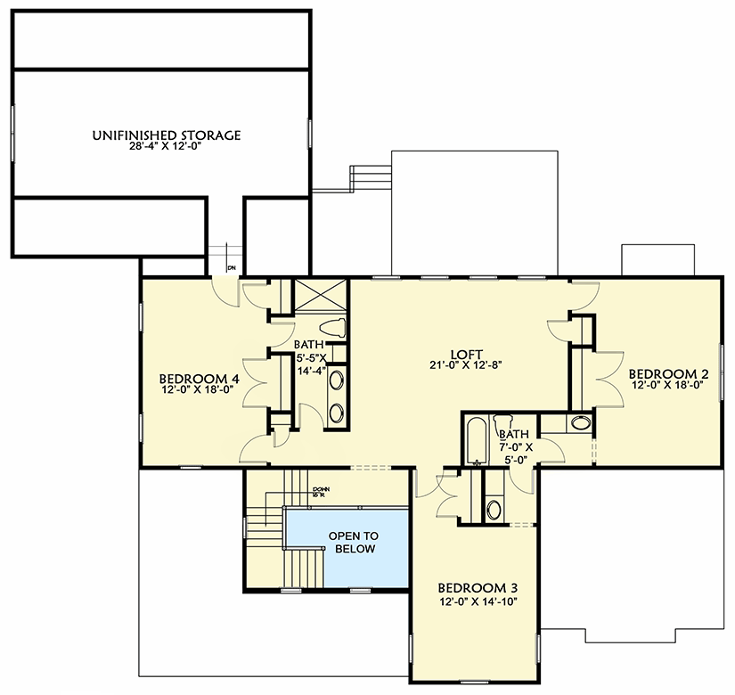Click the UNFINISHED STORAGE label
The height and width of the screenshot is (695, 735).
[x=166, y=135]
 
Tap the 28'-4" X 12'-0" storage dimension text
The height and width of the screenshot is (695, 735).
[x=166, y=148]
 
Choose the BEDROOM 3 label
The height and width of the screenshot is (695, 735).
[x=478, y=588]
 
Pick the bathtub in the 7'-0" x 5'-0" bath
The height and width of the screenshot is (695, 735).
[x=474, y=441]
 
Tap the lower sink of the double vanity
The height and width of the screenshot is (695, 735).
[x=339, y=413]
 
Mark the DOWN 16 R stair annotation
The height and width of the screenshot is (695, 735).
[x=322, y=492]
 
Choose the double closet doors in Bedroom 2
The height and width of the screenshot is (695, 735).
[x=606, y=379]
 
